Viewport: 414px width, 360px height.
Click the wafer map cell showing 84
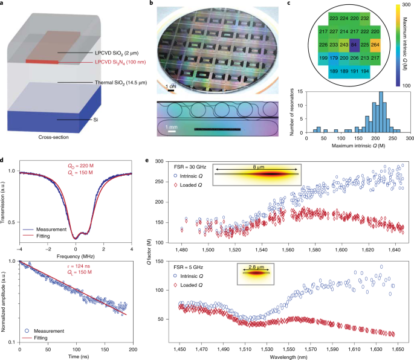pos(354,45)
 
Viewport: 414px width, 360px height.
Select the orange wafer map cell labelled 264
pos(375,45)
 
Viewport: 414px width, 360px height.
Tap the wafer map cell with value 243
pos(344,45)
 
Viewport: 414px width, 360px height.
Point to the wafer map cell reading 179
pos(334,58)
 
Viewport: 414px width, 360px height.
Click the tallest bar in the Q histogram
pos(381,112)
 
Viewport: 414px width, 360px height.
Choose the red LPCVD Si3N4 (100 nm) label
pos(120,62)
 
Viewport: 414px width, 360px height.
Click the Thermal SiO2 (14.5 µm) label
pos(121,83)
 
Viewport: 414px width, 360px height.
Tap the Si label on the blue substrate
pos(95,120)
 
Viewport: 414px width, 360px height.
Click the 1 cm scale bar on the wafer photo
pos(171,91)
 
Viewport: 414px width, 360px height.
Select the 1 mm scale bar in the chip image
pos(172,131)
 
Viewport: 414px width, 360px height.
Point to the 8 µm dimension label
pos(259,167)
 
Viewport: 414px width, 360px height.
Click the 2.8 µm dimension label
pos(256,267)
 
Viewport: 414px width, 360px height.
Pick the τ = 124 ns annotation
pos(79,266)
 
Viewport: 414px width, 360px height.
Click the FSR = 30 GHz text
pos(190,167)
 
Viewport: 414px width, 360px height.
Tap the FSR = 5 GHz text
pos(188,267)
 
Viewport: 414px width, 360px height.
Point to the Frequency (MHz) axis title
pos(76,256)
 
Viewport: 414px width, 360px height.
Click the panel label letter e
pos(147,160)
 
